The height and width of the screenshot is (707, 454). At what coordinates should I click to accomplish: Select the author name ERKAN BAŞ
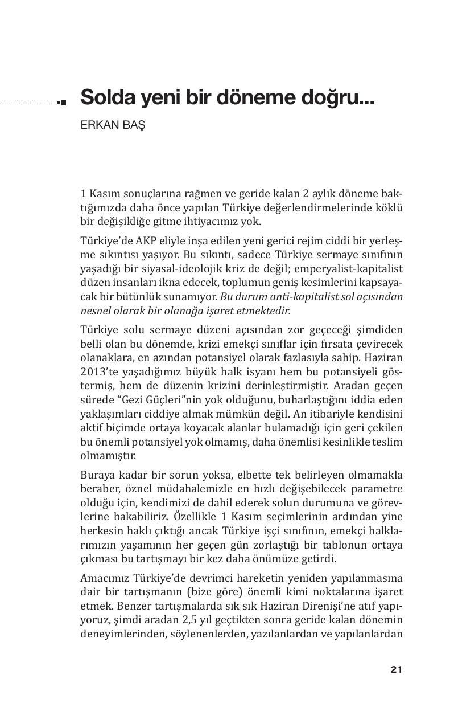(x=113, y=125)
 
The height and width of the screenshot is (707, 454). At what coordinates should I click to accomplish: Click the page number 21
(x=397, y=669)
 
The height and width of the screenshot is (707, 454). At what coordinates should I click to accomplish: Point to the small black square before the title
(x=63, y=103)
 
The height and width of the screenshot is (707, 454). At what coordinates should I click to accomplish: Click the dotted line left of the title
(x=28, y=103)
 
